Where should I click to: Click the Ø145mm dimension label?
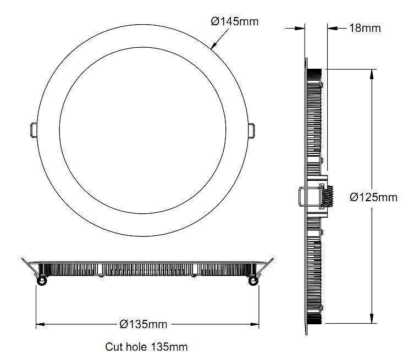[x=235, y=21]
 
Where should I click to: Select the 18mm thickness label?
[x=365, y=27]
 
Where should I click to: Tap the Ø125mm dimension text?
[x=373, y=197]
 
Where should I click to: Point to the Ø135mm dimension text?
[x=143, y=324]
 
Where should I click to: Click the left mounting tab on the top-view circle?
[x=32, y=129]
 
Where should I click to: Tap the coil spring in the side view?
[x=328, y=197]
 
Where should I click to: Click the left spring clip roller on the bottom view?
[x=41, y=281]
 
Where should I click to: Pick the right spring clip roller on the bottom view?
[x=253, y=281]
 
